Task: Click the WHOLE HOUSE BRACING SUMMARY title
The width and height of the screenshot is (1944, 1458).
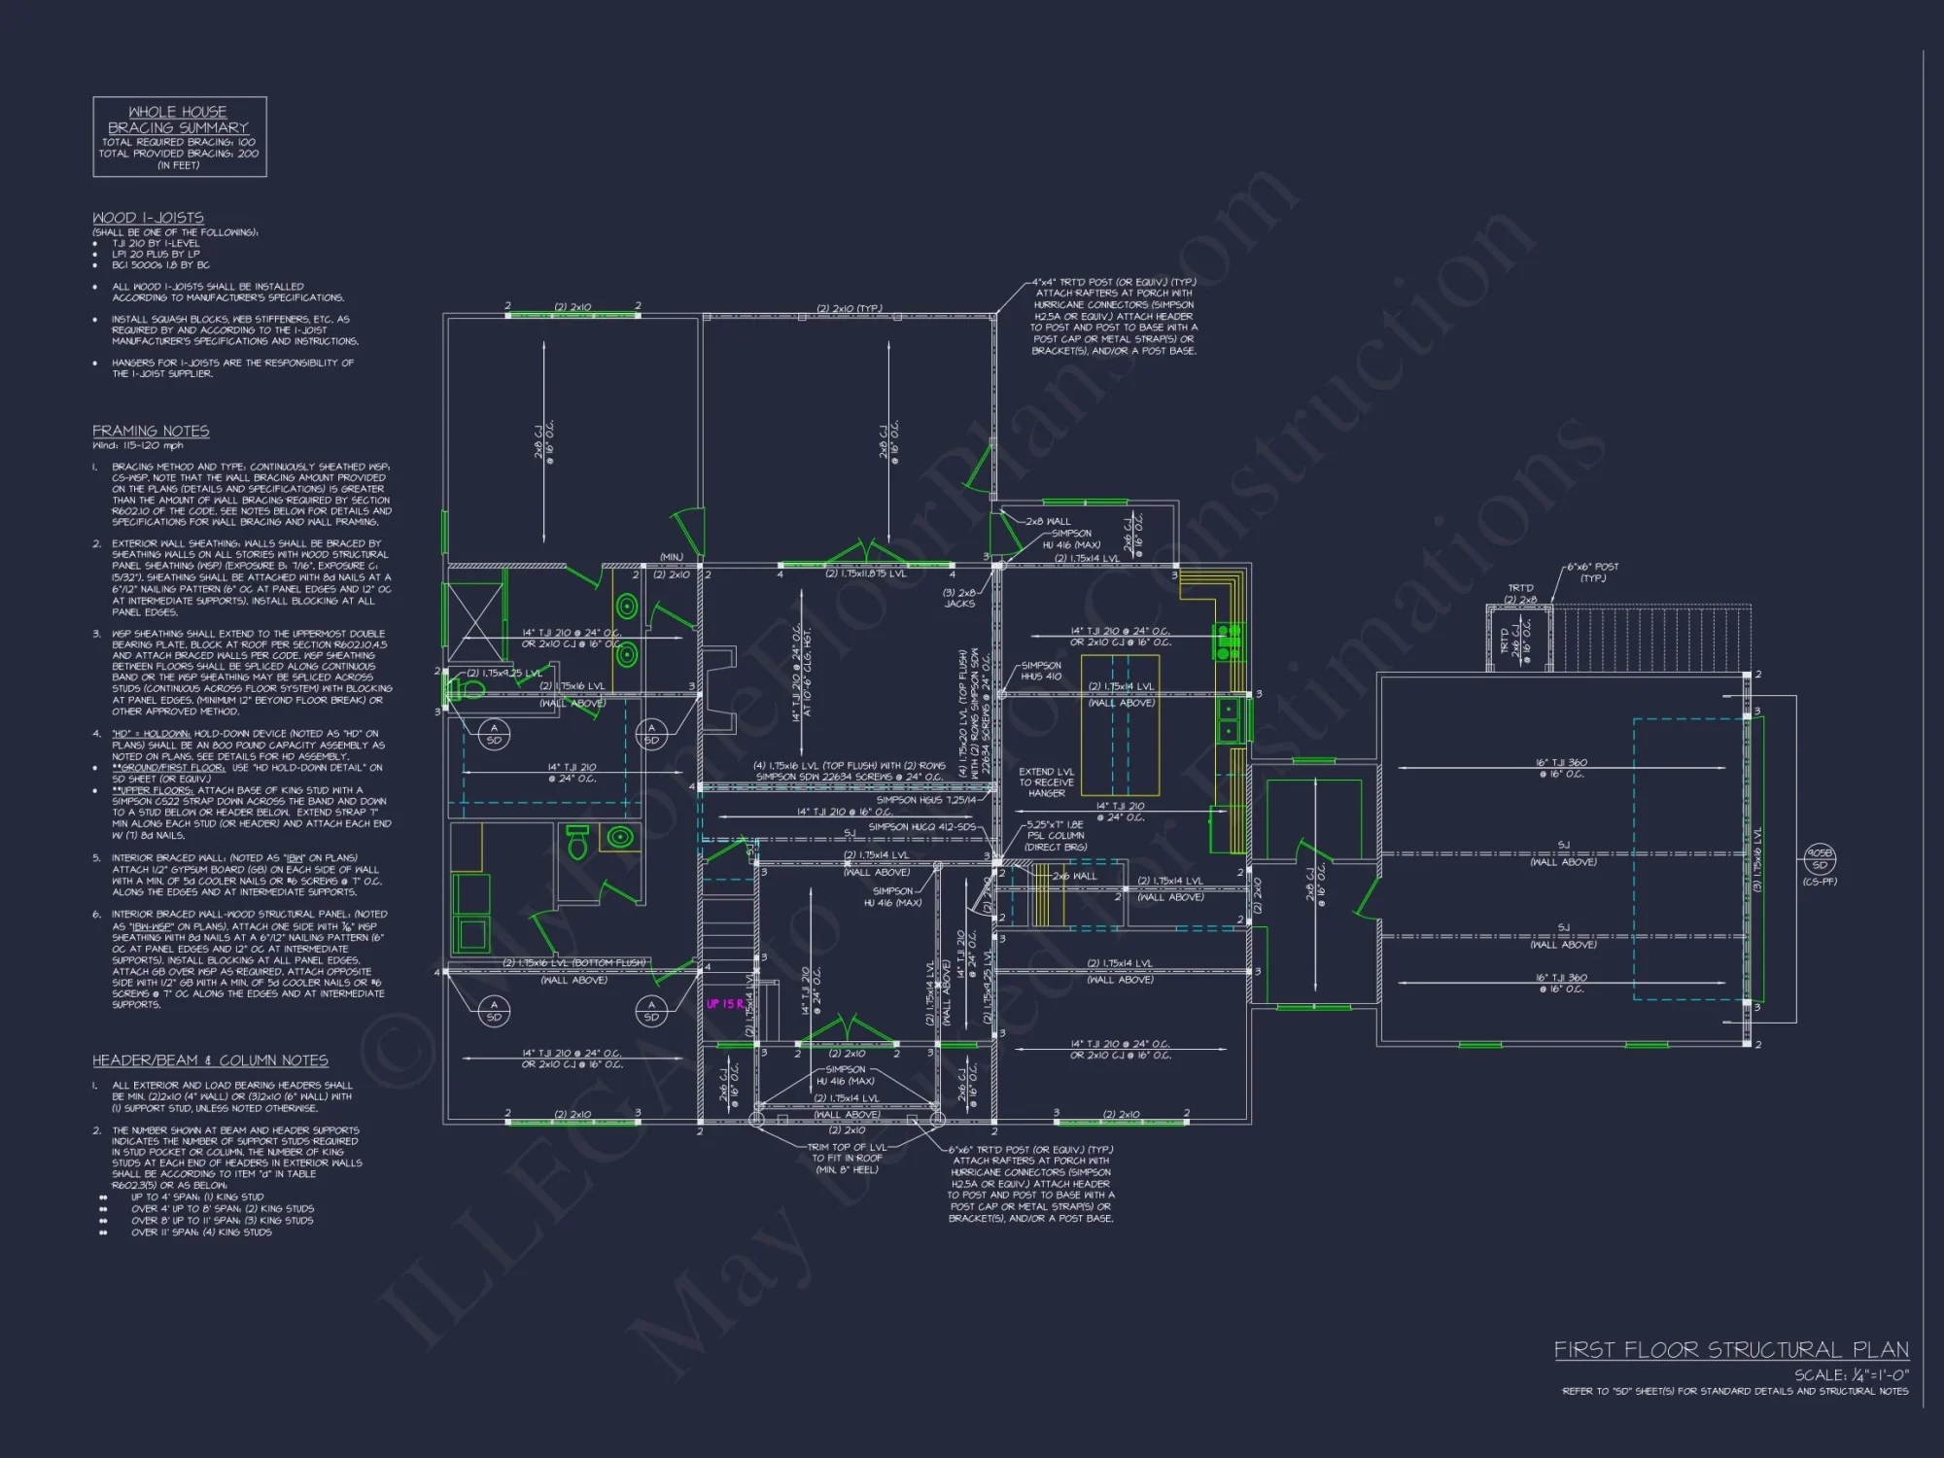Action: pos(178,120)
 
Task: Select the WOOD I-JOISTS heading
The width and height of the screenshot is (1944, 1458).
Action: pos(148,218)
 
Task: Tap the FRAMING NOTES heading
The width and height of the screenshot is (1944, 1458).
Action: pos(151,431)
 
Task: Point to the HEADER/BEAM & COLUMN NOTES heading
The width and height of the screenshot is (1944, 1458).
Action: pos(210,1060)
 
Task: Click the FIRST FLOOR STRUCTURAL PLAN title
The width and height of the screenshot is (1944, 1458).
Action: pos(1730,1349)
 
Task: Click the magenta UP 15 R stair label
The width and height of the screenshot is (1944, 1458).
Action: pos(725,1004)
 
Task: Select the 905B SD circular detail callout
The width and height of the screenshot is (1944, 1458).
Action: pos(1820,859)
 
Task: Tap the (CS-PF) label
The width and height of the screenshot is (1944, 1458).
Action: pos(1820,882)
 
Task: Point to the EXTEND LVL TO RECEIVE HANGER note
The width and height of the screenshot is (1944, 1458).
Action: pos(1046,782)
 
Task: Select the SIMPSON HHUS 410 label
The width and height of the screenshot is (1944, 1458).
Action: pos(1041,671)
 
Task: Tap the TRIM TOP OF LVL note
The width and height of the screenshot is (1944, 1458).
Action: pos(847,1158)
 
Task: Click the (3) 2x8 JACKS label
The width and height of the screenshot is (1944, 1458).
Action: pos(959,598)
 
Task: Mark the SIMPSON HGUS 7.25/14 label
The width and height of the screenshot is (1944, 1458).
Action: pos(926,800)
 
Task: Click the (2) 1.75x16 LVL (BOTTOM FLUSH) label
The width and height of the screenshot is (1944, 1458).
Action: pos(573,962)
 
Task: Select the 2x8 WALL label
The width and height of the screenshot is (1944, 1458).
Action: pos(1048,521)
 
